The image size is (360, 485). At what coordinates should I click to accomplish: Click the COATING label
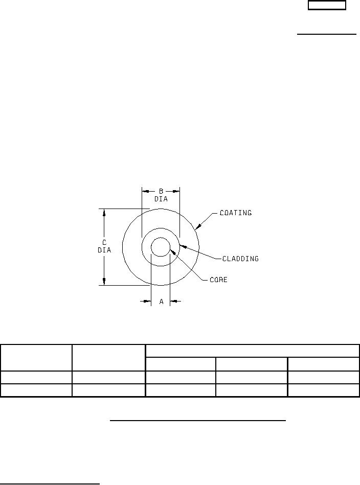coord(236,213)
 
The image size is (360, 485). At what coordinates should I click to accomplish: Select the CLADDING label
coord(240,259)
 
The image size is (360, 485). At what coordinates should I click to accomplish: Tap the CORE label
coord(218,280)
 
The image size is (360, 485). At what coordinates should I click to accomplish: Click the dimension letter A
coord(161,302)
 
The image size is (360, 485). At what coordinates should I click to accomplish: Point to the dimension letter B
coord(161,192)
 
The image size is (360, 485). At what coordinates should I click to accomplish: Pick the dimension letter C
coord(104,243)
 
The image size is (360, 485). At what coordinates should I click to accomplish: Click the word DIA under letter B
coord(161,199)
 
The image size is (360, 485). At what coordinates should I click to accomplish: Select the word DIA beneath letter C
coord(104,250)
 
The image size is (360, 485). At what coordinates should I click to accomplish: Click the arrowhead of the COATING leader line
coord(198,226)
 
